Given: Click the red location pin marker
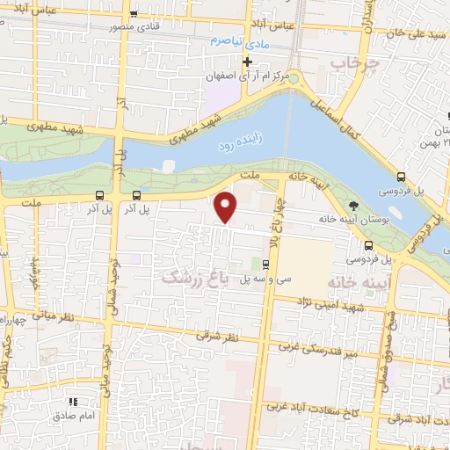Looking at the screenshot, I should [x=227, y=207].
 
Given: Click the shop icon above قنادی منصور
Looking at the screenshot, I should [x=134, y=13].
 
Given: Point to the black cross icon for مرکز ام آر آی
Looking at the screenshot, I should [x=248, y=62].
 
